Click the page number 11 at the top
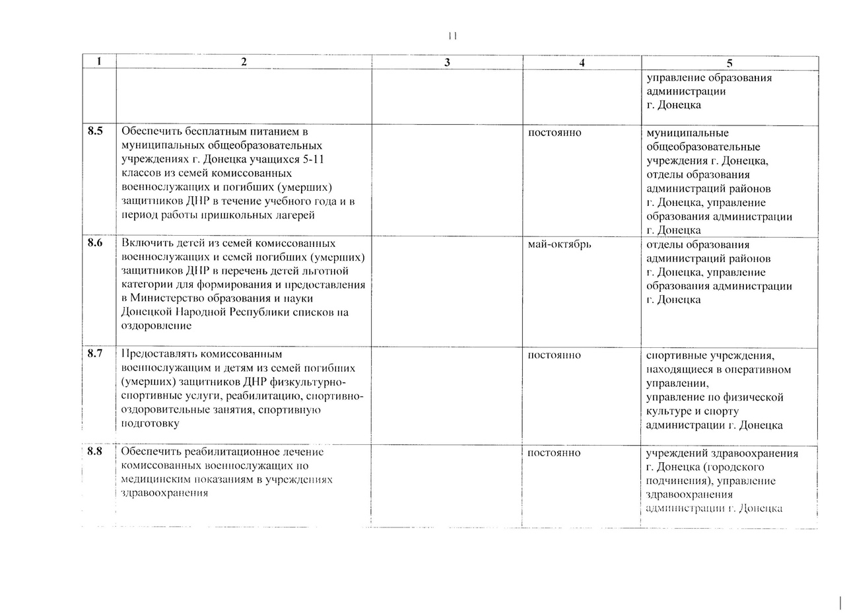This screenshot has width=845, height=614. [452, 36]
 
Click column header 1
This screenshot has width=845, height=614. [98, 61]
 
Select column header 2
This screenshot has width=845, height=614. [244, 62]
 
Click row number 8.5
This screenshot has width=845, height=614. [95, 131]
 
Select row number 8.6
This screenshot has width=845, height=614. [95, 243]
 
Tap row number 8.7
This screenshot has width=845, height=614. [95, 354]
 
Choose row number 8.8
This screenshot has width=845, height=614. [95, 452]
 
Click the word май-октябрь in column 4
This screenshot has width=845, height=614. [560, 244]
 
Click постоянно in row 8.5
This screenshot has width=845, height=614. [555, 133]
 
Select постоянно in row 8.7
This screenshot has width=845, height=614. [555, 355]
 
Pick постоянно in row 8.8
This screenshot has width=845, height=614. [555, 453]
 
